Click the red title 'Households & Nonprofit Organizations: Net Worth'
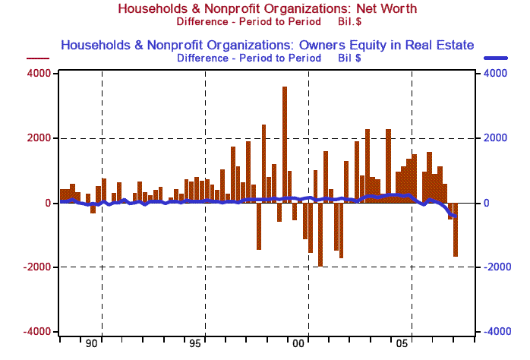(x=266, y=8)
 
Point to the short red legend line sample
(x=36, y=58)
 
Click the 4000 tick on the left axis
(x=40, y=74)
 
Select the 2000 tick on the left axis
(x=40, y=138)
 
